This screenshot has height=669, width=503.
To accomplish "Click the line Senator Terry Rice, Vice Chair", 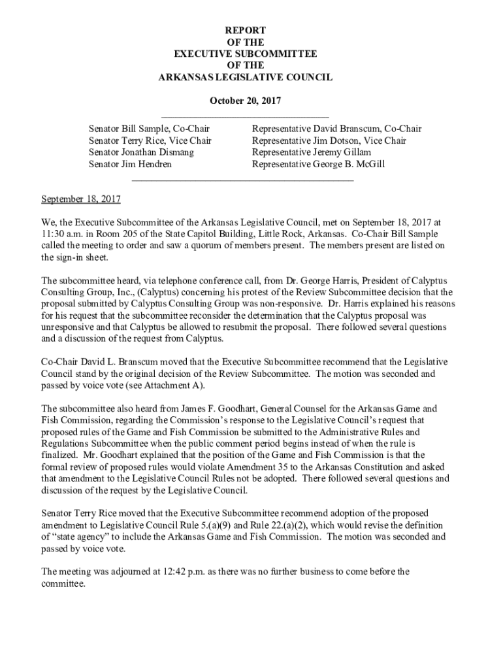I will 150,140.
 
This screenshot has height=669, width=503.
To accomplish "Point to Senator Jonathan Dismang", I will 141,152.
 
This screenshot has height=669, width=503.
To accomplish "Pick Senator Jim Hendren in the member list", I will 130,164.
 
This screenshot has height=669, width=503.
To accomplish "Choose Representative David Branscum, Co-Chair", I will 336,129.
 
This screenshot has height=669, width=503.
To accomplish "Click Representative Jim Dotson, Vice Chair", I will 329,140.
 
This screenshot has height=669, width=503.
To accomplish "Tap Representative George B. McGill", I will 318,164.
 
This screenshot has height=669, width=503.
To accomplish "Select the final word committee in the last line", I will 62,583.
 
